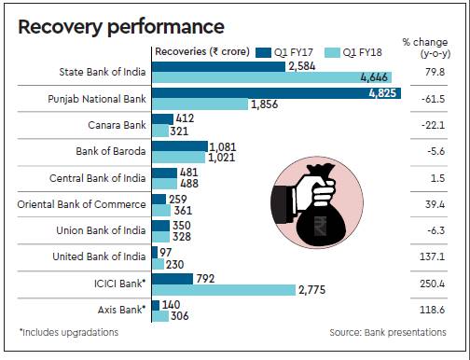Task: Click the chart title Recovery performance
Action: click(x=121, y=27)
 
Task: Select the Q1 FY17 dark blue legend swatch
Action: click(x=263, y=52)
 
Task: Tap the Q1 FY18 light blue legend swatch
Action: click(x=332, y=52)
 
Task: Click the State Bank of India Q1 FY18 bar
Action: click(x=271, y=77)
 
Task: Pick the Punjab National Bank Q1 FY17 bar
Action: click(x=277, y=93)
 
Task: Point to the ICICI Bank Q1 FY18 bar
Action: click(x=224, y=290)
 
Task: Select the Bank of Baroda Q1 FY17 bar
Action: click(x=180, y=146)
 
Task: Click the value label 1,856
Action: click(x=264, y=104)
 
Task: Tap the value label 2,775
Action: click(x=312, y=290)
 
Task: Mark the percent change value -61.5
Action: click(x=433, y=99)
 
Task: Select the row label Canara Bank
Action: click(x=117, y=125)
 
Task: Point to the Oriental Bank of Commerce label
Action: click(x=81, y=204)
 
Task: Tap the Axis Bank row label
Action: click(x=121, y=310)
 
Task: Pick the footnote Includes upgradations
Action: click(x=69, y=332)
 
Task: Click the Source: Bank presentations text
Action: click(x=388, y=332)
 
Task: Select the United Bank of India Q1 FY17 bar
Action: click(x=155, y=252)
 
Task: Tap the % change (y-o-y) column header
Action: click(x=426, y=48)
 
